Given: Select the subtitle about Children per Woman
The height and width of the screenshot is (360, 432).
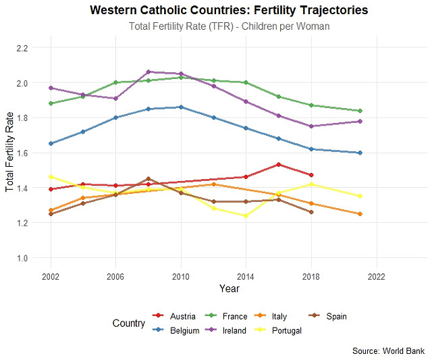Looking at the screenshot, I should pyautogui.click(x=229, y=26).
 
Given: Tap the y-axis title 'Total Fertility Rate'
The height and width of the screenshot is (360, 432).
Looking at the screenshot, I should pyautogui.click(x=9, y=153).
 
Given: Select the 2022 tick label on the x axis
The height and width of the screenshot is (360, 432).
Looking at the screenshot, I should pyautogui.click(x=376, y=276).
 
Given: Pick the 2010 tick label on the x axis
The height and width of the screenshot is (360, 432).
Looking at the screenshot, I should pyautogui.click(x=180, y=276).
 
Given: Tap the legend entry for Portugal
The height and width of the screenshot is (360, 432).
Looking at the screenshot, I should pyautogui.click(x=286, y=330).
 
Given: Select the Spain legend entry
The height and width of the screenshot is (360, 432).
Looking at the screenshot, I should pyautogui.click(x=335, y=316).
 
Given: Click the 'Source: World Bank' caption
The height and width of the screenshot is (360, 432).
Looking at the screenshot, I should pyautogui.click(x=389, y=351).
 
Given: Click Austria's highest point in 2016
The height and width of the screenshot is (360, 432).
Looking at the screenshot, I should pyautogui.click(x=279, y=164).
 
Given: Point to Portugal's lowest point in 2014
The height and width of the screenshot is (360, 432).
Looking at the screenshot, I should pyautogui.click(x=246, y=215).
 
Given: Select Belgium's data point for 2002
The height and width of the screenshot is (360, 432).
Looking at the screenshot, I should pyautogui.click(x=51, y=144).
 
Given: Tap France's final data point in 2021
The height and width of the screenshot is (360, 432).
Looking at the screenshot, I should pyautogui.click(x=360, y=111).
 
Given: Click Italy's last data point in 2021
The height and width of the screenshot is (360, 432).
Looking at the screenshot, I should pyautogui.click(x=360, y=214).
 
